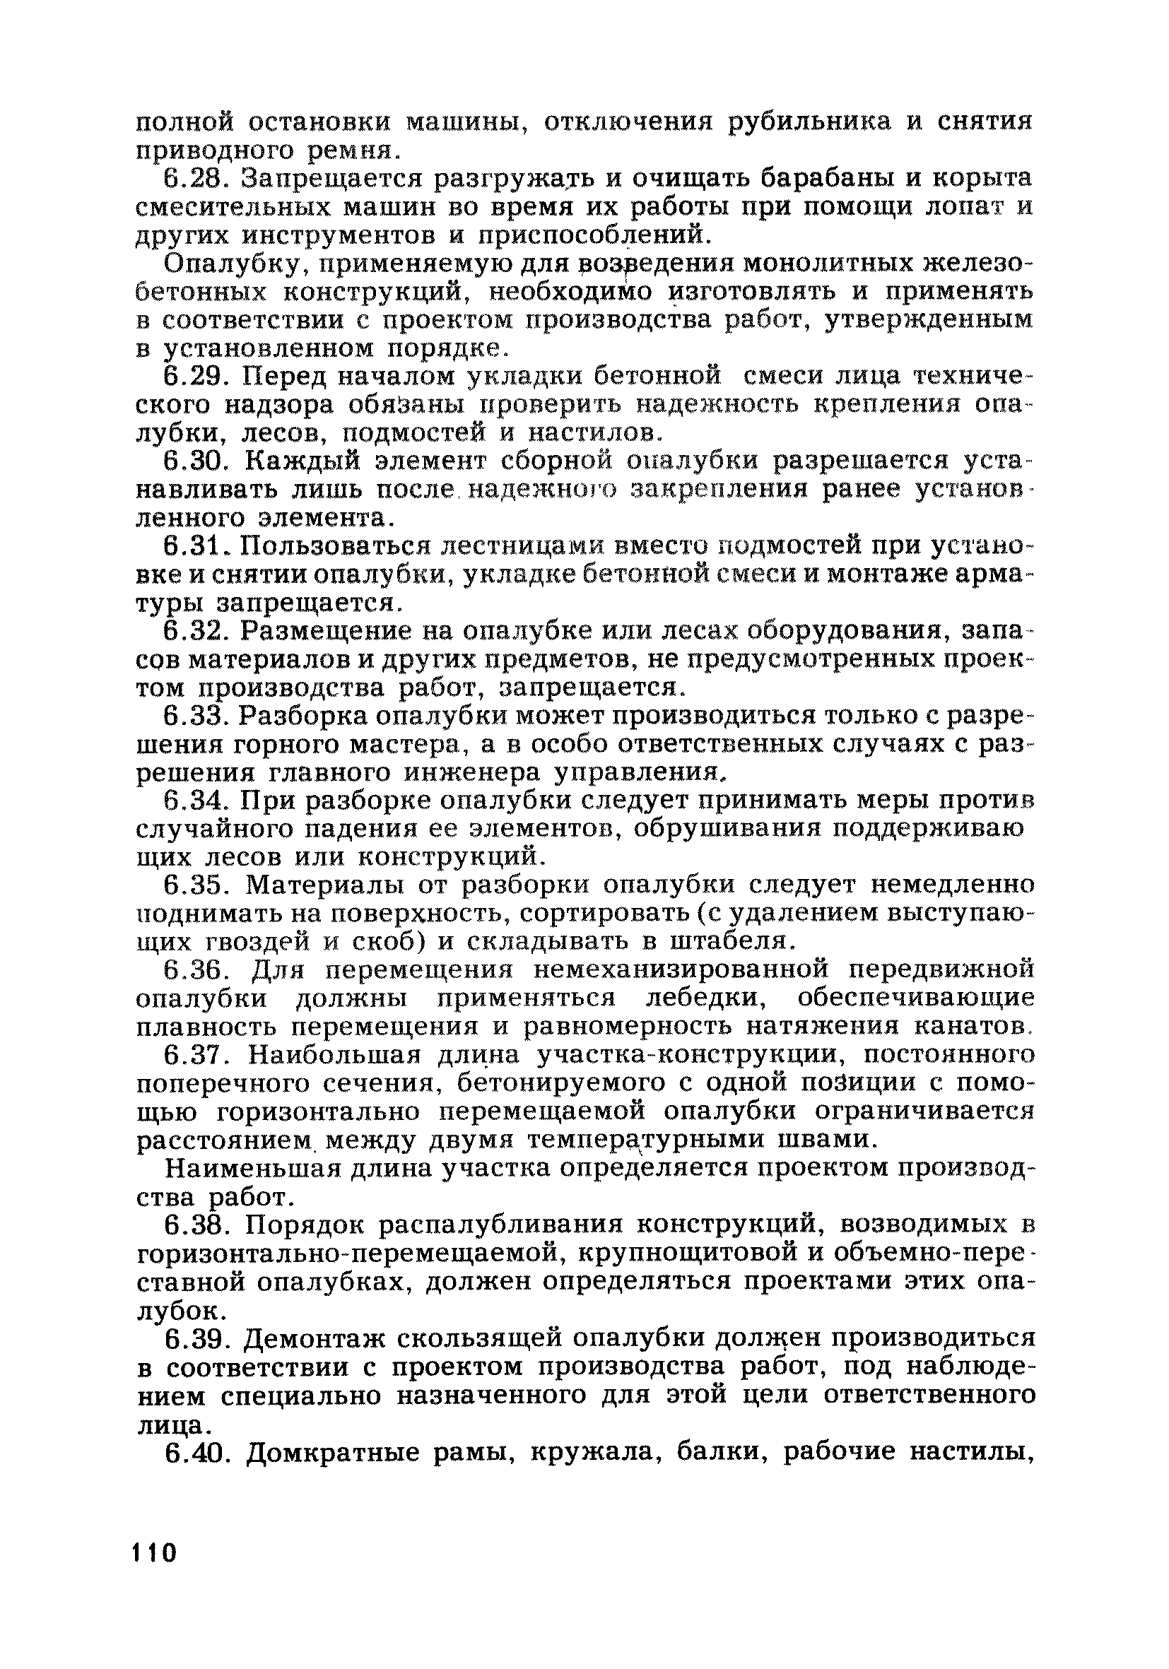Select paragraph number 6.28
196,178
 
